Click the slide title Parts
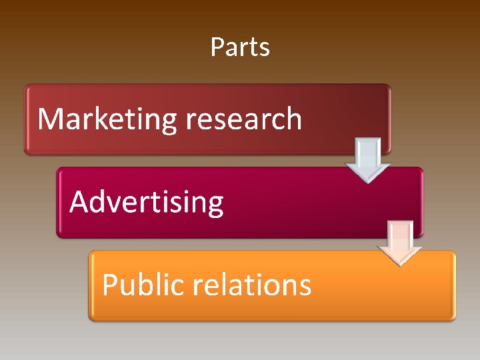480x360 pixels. tap(240, 47)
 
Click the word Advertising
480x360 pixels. tap(146, 202)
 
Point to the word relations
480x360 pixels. tap(251, 285)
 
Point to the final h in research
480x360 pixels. tap(293, 119)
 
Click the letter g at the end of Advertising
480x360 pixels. tap(214, 206)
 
